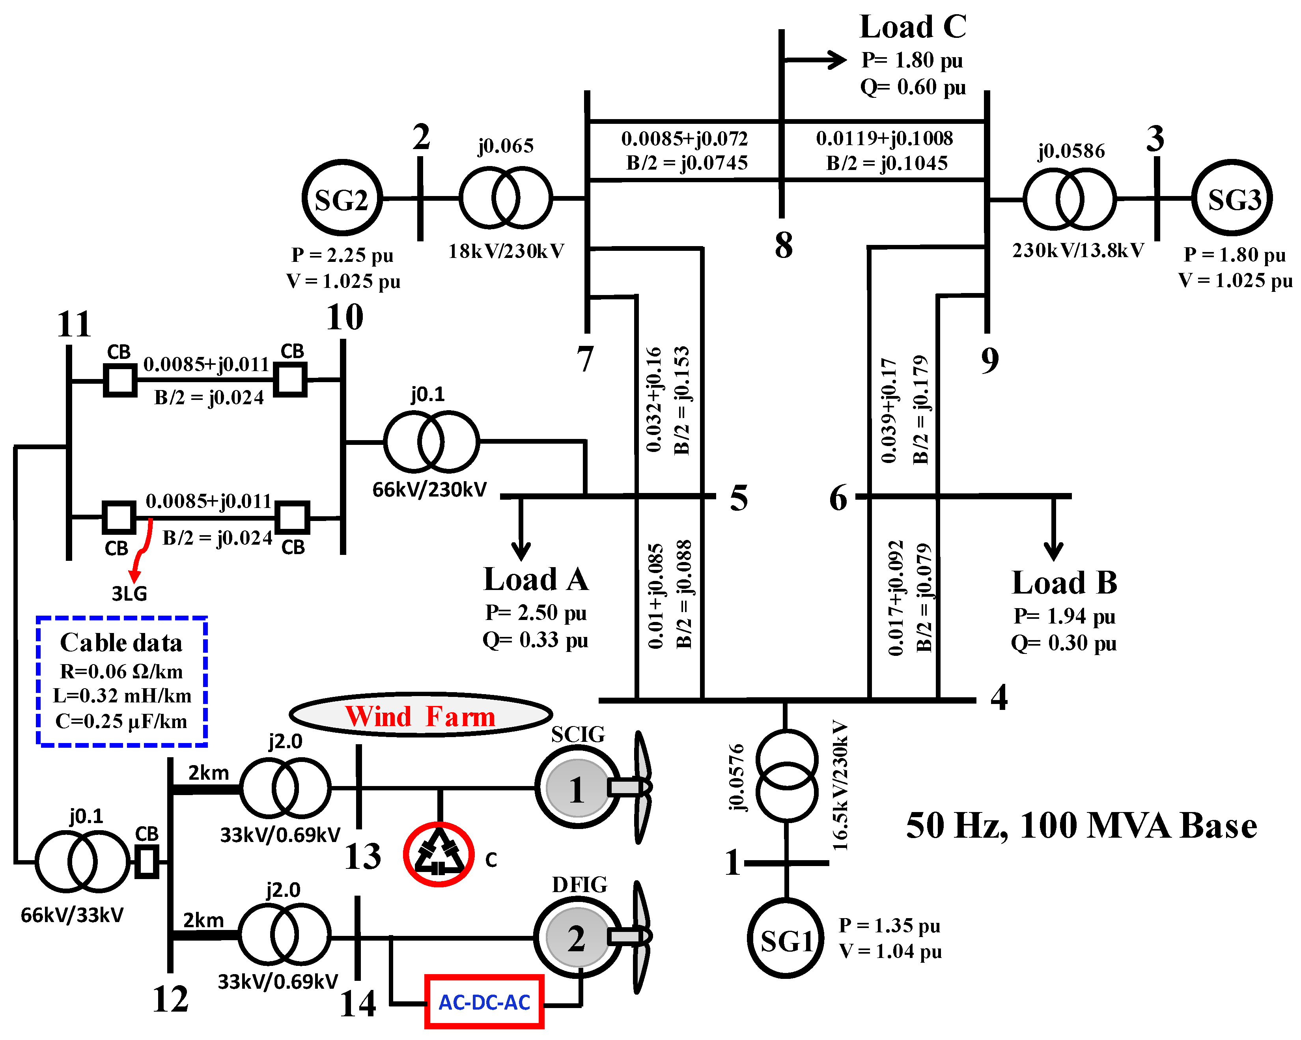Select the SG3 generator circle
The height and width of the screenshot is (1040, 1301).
pos(1232,198)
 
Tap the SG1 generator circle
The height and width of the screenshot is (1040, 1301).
pos(786,938)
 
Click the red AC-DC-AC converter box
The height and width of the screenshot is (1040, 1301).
pos(484,1002)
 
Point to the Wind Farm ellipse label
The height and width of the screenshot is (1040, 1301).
pos(421,716)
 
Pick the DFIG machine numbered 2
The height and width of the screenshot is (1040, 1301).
pos(577,937)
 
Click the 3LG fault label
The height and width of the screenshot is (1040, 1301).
pos(129,593)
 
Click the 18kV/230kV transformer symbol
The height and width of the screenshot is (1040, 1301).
pos(506,198)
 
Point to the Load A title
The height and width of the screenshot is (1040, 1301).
pos(536,579)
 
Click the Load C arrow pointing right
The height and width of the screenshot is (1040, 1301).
pos(836,60)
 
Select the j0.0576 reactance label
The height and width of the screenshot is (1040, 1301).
pos(736,777)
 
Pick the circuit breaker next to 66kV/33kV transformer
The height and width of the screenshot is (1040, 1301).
pos(146,861)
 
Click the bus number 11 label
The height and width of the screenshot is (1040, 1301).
pos(74,324)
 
